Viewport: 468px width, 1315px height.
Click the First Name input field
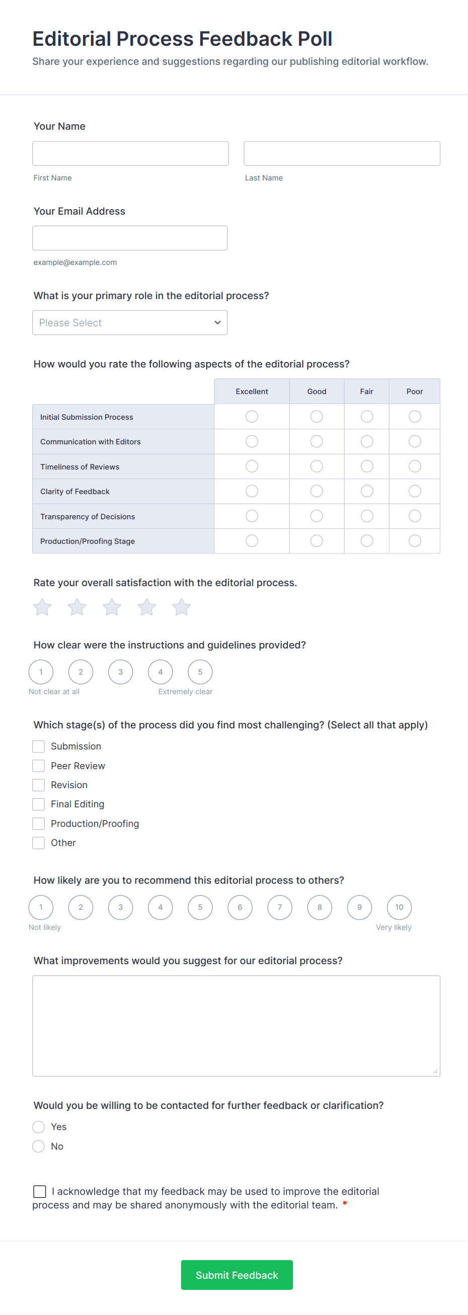(130, 154)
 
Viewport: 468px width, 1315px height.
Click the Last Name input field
(342, 154)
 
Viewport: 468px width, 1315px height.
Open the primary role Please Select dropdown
(130, 323)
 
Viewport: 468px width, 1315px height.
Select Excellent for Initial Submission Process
(252, 417)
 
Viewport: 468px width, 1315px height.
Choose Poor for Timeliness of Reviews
(414, 466)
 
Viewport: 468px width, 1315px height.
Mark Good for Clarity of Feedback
(316, 491)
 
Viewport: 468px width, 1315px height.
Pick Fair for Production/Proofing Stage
(366, 540)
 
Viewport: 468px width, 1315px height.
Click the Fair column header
(366, 392)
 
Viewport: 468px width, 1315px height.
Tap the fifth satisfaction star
(181, 607)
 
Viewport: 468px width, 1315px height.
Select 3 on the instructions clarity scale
(121, 672)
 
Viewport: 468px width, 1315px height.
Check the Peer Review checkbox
(39, 766)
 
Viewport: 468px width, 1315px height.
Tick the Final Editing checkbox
(39, 804)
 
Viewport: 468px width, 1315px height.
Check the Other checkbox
(39, 843)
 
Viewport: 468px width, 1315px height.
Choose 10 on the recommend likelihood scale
(399, 907)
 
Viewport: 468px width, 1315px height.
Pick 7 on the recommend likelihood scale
(279, 907)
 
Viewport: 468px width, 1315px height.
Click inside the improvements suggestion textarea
(236, 1025)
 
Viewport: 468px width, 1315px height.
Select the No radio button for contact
(39, 1146)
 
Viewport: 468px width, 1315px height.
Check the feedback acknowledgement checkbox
(40, 1191)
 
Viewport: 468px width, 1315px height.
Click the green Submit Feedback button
(237, 1275)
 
